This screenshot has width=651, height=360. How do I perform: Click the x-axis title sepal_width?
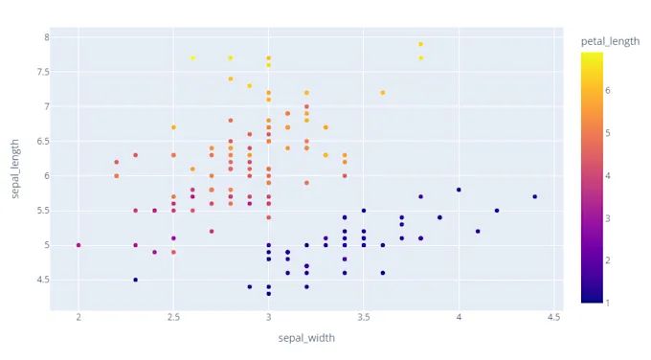pos(306,337)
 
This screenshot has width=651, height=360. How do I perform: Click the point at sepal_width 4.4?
pos(534,196)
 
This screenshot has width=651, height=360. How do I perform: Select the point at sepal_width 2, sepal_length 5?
pos(79,245)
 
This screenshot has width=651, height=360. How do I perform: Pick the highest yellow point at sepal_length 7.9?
pos(420,44)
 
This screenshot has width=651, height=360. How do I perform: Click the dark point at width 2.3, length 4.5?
pos(135,280)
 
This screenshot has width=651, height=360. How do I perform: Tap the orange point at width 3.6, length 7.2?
pos(382,93)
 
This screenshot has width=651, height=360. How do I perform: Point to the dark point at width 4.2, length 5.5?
pos(497,211)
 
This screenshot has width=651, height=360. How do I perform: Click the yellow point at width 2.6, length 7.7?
pos(192,57)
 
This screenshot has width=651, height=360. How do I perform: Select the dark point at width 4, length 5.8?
pos(459,190)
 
